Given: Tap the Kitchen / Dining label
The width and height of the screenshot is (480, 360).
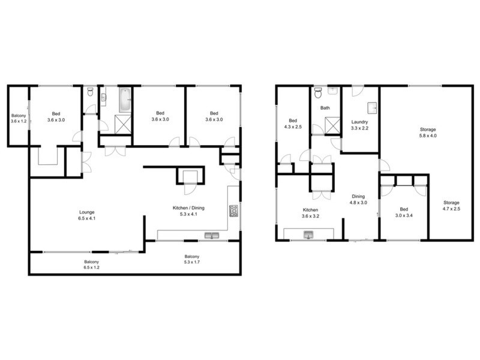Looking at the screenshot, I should tap(188, 211).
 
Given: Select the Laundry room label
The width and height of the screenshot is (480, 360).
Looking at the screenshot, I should tap(359, 125).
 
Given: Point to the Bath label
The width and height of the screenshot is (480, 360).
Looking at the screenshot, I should tap(325, 109).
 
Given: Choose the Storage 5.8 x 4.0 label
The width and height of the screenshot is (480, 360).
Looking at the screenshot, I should tap(428, 133).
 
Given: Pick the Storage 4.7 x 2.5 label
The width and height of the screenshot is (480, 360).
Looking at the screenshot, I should tap(451, 206).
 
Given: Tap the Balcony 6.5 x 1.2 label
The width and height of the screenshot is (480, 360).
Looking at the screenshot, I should tap(91, 265).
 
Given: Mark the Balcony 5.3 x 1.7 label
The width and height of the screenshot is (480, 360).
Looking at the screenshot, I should tap(192, 260).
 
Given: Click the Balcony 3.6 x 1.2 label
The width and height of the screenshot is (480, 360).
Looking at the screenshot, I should tap(19, 118).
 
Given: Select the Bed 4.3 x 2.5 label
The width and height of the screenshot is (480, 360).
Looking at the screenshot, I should tap(293, 123).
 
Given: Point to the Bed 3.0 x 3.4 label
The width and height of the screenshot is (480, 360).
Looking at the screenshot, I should tap(404, 213).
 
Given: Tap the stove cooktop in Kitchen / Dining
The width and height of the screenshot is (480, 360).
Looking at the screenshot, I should tap(233, 211).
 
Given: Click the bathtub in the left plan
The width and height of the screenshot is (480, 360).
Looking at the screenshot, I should tap(124, 100).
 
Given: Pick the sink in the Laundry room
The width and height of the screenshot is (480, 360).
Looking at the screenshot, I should tap(372, 107).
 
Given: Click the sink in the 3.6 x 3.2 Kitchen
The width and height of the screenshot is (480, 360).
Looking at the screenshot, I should tap(310, 234).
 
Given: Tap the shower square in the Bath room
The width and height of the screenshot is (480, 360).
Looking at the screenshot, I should tap(331, 126).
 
